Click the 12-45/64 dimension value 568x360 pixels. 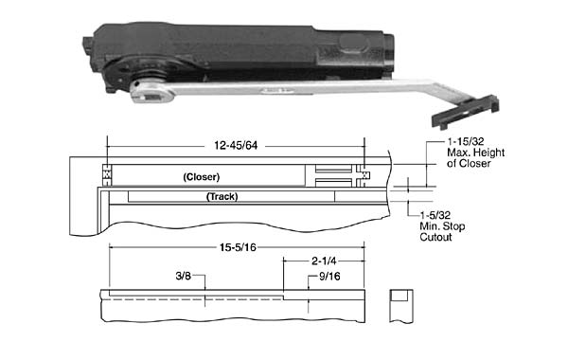pyautogui.click(x=236, y=145)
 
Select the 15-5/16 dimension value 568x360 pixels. pyautogui.click(x=238, y=247)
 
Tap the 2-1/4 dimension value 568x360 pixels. pyautogui.click(x=324, y=261)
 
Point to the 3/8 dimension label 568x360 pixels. pyautogui.click(x=184, y=276)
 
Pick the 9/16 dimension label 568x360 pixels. pyautogui.click(x=329, y=277)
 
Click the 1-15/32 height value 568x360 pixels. pyautogui.click(x=466, y=141)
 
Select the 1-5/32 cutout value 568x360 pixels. pyautogui.click(x=435, y=215)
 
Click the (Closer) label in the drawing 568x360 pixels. pyautogui.click(x=202, y=177)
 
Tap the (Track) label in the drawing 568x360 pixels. pyautogui.click(x=222, y=196)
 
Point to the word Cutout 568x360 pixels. pyautogui.click(x=435, y=237)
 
